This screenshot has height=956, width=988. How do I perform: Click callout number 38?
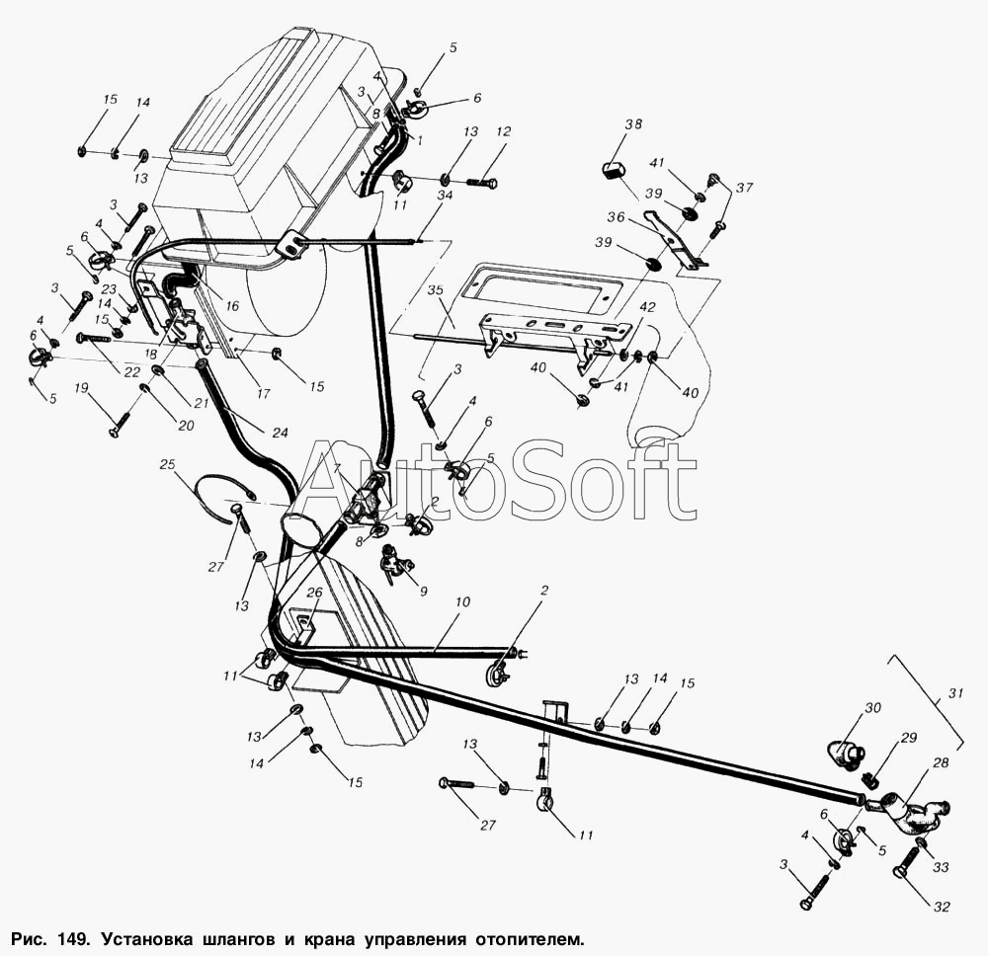[633, 124]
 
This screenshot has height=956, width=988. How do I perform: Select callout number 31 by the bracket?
[954, 694]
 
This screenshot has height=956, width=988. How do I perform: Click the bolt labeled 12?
[479, 183]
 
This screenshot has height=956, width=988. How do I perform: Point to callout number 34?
[445, 196]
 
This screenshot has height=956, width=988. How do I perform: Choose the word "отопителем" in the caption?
[522, 934]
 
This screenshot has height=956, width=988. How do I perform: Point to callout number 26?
[314, 593]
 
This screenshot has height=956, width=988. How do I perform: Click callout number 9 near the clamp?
[424, 592]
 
